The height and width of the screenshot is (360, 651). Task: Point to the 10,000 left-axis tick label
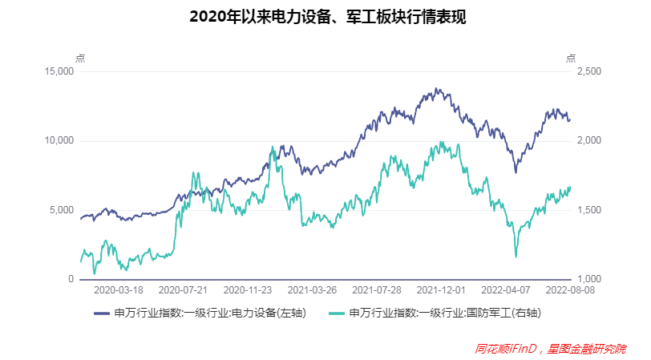(x=59, y=141)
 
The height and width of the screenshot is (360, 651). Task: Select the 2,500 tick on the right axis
(x=588, y=71)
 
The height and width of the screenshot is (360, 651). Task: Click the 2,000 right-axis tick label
(x=588, y=141)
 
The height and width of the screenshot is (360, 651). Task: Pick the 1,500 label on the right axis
(x=588, y=210)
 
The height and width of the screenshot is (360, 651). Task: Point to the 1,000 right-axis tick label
(x=588, y=279)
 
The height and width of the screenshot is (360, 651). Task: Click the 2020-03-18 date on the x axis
(x=119, y=290)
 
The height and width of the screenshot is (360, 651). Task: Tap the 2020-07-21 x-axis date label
(x=184, y=290)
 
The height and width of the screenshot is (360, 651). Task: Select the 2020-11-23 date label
(x=248, y=290)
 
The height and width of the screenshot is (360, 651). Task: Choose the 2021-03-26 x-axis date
(x=312, y=290)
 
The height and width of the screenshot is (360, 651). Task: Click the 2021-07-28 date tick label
(x=377, y=290)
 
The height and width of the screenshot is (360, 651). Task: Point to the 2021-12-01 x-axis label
(x=441, y=290)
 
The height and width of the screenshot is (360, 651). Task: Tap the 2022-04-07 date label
(x=505, y=290)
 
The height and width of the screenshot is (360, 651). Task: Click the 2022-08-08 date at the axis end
(x=568, y=290)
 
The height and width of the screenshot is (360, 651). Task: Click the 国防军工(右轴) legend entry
(x=445, y=313)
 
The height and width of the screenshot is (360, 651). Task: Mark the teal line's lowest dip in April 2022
(x=516, y=257)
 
